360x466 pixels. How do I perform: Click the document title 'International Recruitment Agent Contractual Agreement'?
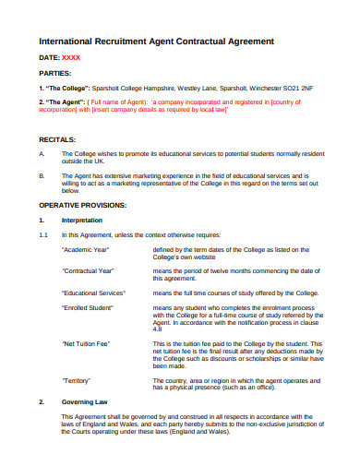pyautogui.click(x=156, y=42)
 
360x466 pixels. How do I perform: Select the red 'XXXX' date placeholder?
pyautogui.click(x=70, y=58)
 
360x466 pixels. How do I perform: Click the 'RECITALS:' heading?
pyautogui.click(x=58, y=138)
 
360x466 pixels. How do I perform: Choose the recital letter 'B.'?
pyautogui.click(x=42, y=173)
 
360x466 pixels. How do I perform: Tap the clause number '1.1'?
pyautogui.click(x=42, y=235)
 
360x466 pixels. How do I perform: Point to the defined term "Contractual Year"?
pyautogui.click(x=88, y=270)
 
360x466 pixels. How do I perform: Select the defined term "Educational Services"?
pyautogui.click(x=93, y=291)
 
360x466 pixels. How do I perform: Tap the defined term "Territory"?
pyautogui.click(x=77, y=379)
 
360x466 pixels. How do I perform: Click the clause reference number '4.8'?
pyautogui.click(x=156, y=328)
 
